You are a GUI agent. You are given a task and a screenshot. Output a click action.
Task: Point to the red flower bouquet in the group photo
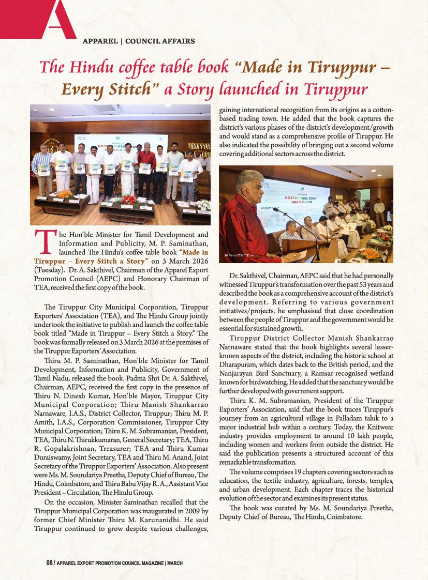128,199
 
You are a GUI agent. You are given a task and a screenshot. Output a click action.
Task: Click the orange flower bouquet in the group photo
65,194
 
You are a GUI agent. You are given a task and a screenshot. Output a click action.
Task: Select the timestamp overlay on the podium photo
239,255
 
